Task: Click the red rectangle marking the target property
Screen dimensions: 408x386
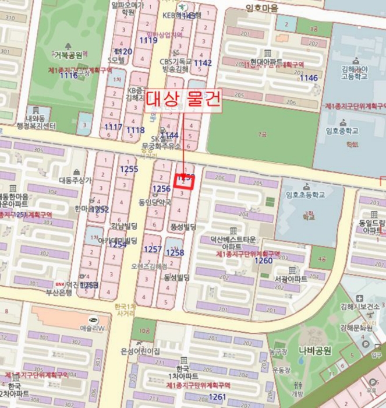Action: (184, 181)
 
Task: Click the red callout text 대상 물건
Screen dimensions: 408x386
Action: (183, 99)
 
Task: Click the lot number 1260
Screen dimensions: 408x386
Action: (264, 260)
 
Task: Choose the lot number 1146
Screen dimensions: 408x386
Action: (309, 78)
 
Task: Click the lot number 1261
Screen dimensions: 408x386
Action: (217, 397)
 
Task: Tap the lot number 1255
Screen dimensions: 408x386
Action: (129, 169)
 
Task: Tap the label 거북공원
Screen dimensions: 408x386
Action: (68, 56)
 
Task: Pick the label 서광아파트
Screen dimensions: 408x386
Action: (291, 279)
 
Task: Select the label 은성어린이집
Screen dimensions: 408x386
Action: (140, 351)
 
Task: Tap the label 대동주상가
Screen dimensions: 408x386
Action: (75, 181)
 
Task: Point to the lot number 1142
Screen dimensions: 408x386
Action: (203, 63)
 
